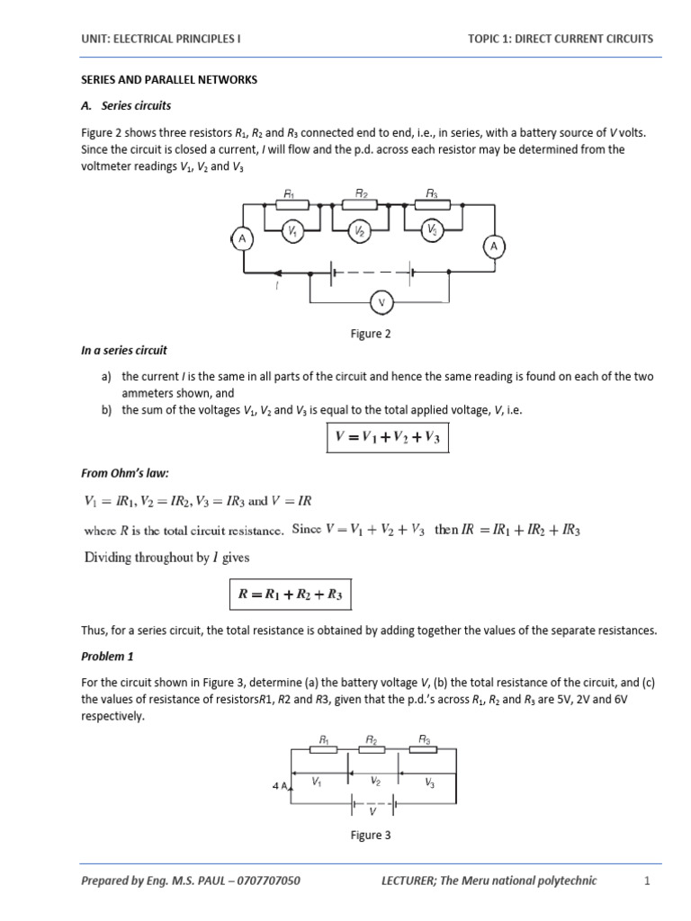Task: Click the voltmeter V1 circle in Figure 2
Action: [292, 232]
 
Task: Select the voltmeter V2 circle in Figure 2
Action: [359, 232]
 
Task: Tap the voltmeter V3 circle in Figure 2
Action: [433, 231]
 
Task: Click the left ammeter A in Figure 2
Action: [241, 238]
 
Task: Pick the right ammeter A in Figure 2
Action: [493, 246]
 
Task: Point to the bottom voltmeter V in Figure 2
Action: [381, 303]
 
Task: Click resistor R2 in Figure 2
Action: [361, 203]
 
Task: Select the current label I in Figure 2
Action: [277, 286]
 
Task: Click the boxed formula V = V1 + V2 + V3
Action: [387, 439]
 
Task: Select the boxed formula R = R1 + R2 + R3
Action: [289, 595]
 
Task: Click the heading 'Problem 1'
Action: [106, 656]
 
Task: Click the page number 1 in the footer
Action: [646, 881]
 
